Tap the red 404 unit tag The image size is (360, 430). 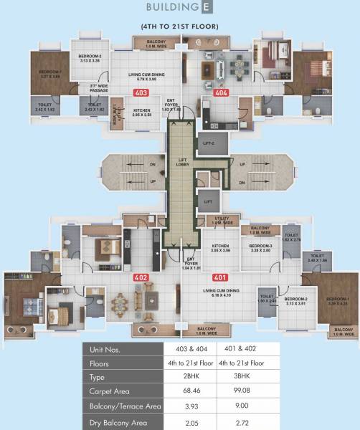(x=220, y=92)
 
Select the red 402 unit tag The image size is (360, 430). (x=141, y=277)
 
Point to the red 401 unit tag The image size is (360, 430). (x=220, y=277)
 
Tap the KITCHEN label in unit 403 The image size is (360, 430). (x=141, y=112)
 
